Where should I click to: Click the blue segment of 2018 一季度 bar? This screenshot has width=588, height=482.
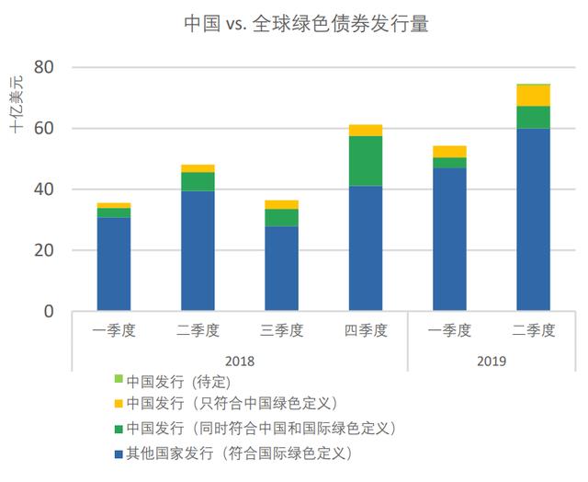click(x=114, y=264)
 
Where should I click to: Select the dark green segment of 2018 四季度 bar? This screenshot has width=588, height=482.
click(x=366, y=161)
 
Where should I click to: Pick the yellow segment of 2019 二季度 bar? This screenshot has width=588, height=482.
click(x=533, y=95)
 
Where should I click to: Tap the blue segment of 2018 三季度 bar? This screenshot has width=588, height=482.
click(x=282, y=269)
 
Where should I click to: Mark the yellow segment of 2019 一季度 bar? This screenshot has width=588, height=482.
click(x=449, y=152)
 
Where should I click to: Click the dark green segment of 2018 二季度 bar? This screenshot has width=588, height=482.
click(x=198, y=181)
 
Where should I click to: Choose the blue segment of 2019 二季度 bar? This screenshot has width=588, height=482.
click(x=533, y=219)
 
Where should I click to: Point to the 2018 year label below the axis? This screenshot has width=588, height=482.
click(x=240, y=361)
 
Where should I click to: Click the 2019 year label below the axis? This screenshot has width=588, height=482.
click(x=492, y=361)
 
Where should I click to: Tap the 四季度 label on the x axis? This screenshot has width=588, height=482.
click(x=366, y=330)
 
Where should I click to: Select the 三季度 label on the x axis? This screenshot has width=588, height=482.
click(x=282, y=330)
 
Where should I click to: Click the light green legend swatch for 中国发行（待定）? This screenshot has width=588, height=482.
click(x=117, y=380)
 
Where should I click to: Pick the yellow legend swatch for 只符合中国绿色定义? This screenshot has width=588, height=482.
click(x=117, y=404)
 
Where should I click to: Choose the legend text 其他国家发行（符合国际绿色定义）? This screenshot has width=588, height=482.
click(x=240, y=453)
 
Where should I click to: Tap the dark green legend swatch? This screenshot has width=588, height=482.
click(x=117, y=429)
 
